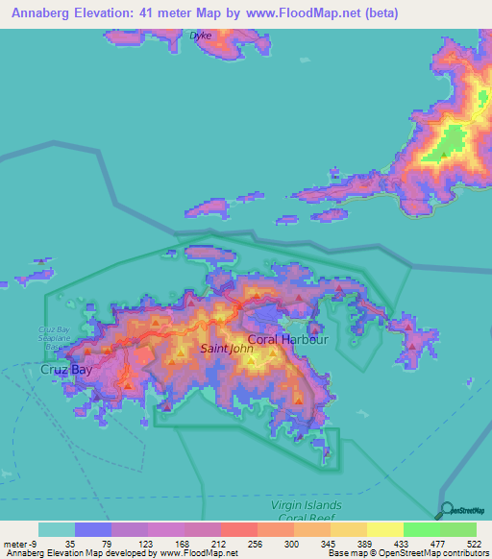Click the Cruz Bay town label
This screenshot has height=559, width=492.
point(66,369)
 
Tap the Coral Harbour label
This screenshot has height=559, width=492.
point(288,340)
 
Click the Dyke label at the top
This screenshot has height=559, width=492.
point(201,36)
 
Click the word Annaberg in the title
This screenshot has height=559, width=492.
point(37,13)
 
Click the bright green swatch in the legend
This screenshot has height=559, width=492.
point(422,529)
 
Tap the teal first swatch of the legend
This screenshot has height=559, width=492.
point(57,529)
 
